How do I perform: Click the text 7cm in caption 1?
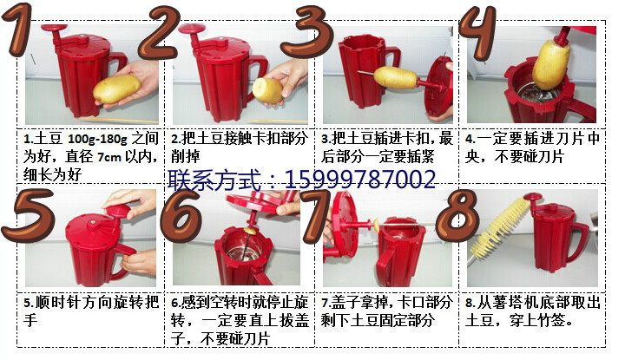109,157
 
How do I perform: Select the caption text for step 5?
86,311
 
